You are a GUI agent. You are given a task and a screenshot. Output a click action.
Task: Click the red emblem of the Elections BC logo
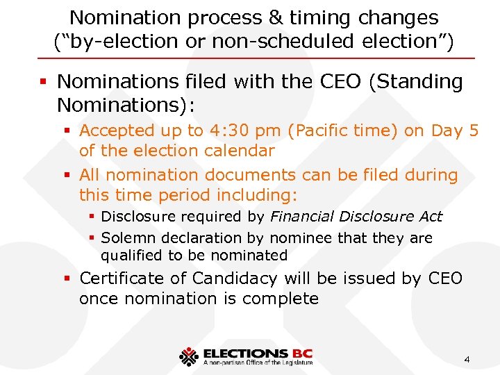[x=188, y=356]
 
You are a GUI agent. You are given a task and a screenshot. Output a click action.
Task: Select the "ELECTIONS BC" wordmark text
[x=256, y=353]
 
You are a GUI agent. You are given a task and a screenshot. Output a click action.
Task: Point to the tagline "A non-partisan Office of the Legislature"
[x=258, y=362]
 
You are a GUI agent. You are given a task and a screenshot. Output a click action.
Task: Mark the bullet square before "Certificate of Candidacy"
[x=68, y=279]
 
